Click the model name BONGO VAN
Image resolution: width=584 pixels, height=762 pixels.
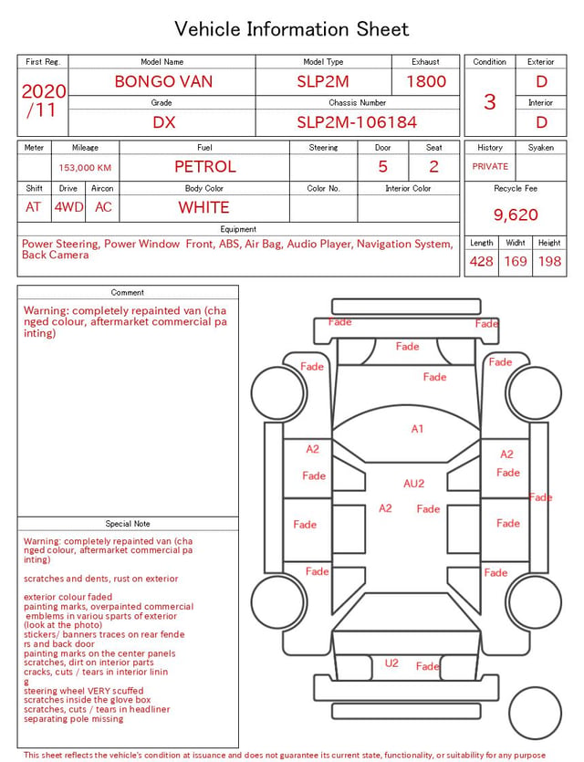click(x=163, y=81)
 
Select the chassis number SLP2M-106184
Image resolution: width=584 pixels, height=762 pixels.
click(x=357, y=122)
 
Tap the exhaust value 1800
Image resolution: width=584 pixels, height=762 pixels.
click(x=426, y=81)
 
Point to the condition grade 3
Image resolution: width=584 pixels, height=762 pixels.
click(x=490, y=102)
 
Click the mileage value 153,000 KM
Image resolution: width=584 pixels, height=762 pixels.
click(x=85, y=168)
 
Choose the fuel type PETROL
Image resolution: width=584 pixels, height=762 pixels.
click(x=205, y=167)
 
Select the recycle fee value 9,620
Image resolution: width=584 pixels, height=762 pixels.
click(x=516, y=214)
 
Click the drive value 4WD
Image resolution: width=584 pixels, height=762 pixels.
click(x=68, y=207)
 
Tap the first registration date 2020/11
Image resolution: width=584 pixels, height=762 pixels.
click(x=43, y=100)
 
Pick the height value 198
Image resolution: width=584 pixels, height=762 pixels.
click(x=549, y=261)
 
